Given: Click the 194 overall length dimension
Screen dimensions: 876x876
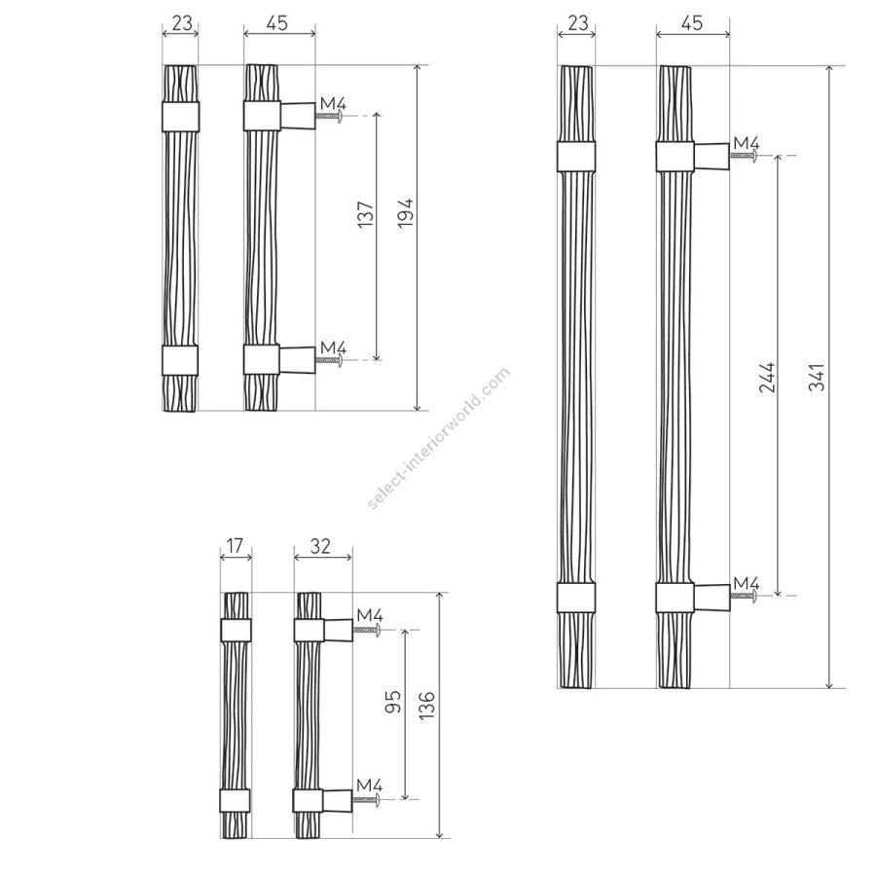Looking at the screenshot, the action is [x=406, y=212].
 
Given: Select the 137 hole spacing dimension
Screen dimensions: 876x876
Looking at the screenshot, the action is [x=365, y=214].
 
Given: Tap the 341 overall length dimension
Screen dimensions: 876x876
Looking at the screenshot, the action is [x=817, y=377].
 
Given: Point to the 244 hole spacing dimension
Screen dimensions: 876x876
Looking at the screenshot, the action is [x=768, y=377].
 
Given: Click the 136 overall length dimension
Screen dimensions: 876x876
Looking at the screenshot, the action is [x=427, y=705].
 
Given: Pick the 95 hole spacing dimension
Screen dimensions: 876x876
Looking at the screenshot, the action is [x=394, y=701].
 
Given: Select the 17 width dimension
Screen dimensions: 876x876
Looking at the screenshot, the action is [x=235, y=545].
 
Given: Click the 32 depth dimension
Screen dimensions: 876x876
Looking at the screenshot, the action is [x=320, y=546].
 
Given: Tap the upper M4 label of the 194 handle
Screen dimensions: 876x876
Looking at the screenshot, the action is [x=333, y=104].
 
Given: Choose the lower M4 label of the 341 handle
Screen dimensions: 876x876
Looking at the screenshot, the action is [x=747, y=583].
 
